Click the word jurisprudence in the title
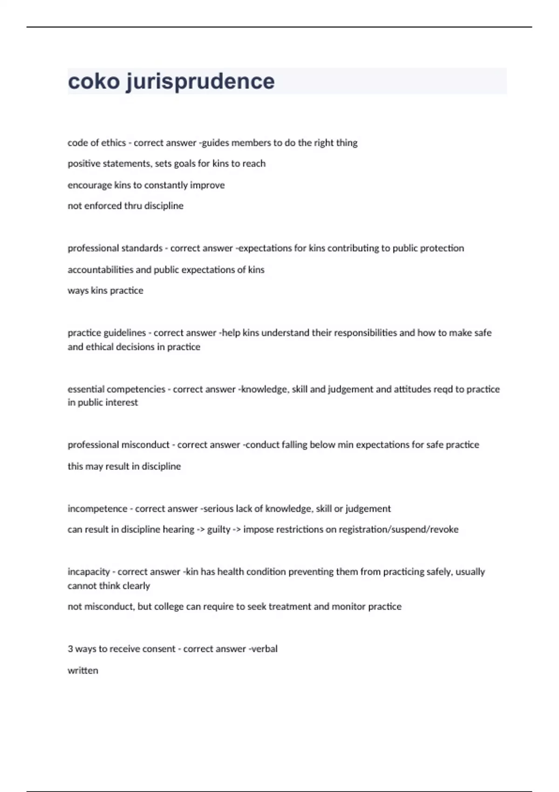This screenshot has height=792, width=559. coord(200,82)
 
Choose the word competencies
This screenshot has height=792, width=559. coord(136,389)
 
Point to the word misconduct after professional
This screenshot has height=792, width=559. coord(145,445)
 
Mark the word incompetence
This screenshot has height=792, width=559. coord(97,509)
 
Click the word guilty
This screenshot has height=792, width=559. coord(218,530)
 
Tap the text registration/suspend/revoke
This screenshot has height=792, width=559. coord(398,530)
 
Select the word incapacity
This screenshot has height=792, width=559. coord(89,572)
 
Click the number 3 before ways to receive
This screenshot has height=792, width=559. coord(70,649)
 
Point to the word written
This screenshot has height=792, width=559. coord(83,671)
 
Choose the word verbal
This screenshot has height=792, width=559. coord(264,649)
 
